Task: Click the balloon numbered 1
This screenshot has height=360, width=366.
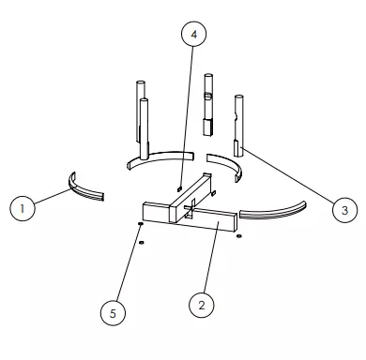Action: (23, 208)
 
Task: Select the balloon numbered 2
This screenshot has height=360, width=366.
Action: (202, 305)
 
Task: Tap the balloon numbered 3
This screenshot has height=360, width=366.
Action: (344, 210)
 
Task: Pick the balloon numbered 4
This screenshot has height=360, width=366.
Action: (194, 34)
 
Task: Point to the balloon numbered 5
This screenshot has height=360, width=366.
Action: (113, 313)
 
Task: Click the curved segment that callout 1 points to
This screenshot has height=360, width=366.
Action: (82, 190)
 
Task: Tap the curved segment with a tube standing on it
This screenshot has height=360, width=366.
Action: (160, 157)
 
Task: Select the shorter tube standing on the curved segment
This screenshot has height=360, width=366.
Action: (144, 128)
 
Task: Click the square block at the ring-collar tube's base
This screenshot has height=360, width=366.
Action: (208, 127)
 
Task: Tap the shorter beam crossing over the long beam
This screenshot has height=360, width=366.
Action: (191, 198)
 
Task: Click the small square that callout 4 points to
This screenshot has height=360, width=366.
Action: (179, 188)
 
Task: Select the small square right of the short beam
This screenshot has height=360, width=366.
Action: (214, 193)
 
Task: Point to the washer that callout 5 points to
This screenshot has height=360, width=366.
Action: (140, 224)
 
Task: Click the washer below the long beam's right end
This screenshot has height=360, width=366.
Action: (239, 236)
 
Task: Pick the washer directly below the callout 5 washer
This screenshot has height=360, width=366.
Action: (142, 243)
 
